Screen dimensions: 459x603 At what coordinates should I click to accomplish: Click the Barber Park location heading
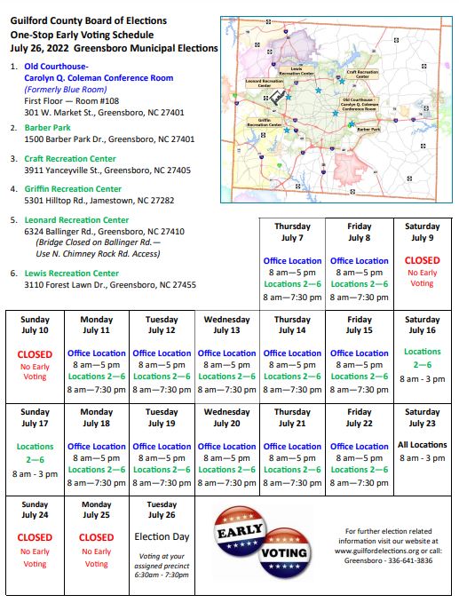coord(47,127)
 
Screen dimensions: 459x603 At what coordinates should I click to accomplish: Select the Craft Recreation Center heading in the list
coord(69,158)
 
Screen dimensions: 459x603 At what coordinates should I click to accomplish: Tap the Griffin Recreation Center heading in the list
coord(72,188)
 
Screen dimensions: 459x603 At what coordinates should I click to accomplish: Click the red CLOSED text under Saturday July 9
coord(422,261)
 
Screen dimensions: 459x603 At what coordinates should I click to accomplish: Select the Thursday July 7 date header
coord(292,232)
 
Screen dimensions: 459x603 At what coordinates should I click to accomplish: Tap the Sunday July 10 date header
coord(35,324)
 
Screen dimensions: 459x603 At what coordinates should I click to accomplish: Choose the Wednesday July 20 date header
coord(226,417)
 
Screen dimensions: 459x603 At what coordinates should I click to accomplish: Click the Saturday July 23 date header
coord(422,417)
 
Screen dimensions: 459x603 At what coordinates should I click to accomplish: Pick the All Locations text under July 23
coord(422,445)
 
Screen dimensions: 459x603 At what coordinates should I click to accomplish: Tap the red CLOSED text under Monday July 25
coord(96,537)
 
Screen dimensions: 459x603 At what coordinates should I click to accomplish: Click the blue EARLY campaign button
coord(238,530)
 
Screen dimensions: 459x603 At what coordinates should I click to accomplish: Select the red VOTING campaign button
coord(283,551)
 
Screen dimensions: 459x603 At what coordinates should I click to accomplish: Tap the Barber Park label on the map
coord(368,130)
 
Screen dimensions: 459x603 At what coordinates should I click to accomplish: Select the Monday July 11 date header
coord(96,324)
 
